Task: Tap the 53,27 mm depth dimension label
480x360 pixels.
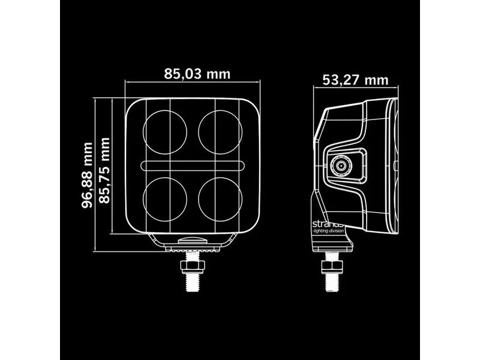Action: click(355, 80)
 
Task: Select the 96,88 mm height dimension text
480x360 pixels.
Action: click(88, 175)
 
